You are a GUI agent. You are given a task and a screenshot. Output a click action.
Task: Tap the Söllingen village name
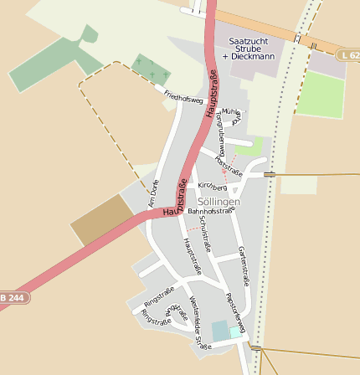point(219,202)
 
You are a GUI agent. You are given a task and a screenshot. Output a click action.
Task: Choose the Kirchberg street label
point(212,187)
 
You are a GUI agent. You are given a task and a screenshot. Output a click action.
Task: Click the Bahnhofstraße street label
point(209,213)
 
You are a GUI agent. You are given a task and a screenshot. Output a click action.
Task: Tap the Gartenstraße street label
point(244,265)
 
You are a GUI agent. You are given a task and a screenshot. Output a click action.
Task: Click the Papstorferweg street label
point(234,312)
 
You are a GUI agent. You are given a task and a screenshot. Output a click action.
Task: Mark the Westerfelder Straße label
point(198,321)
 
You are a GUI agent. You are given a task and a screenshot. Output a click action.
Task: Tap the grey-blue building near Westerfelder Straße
point(220,331)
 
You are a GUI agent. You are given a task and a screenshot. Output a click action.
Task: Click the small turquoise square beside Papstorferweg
point(235,332)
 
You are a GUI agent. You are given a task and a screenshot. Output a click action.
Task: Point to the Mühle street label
point(229,110)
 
